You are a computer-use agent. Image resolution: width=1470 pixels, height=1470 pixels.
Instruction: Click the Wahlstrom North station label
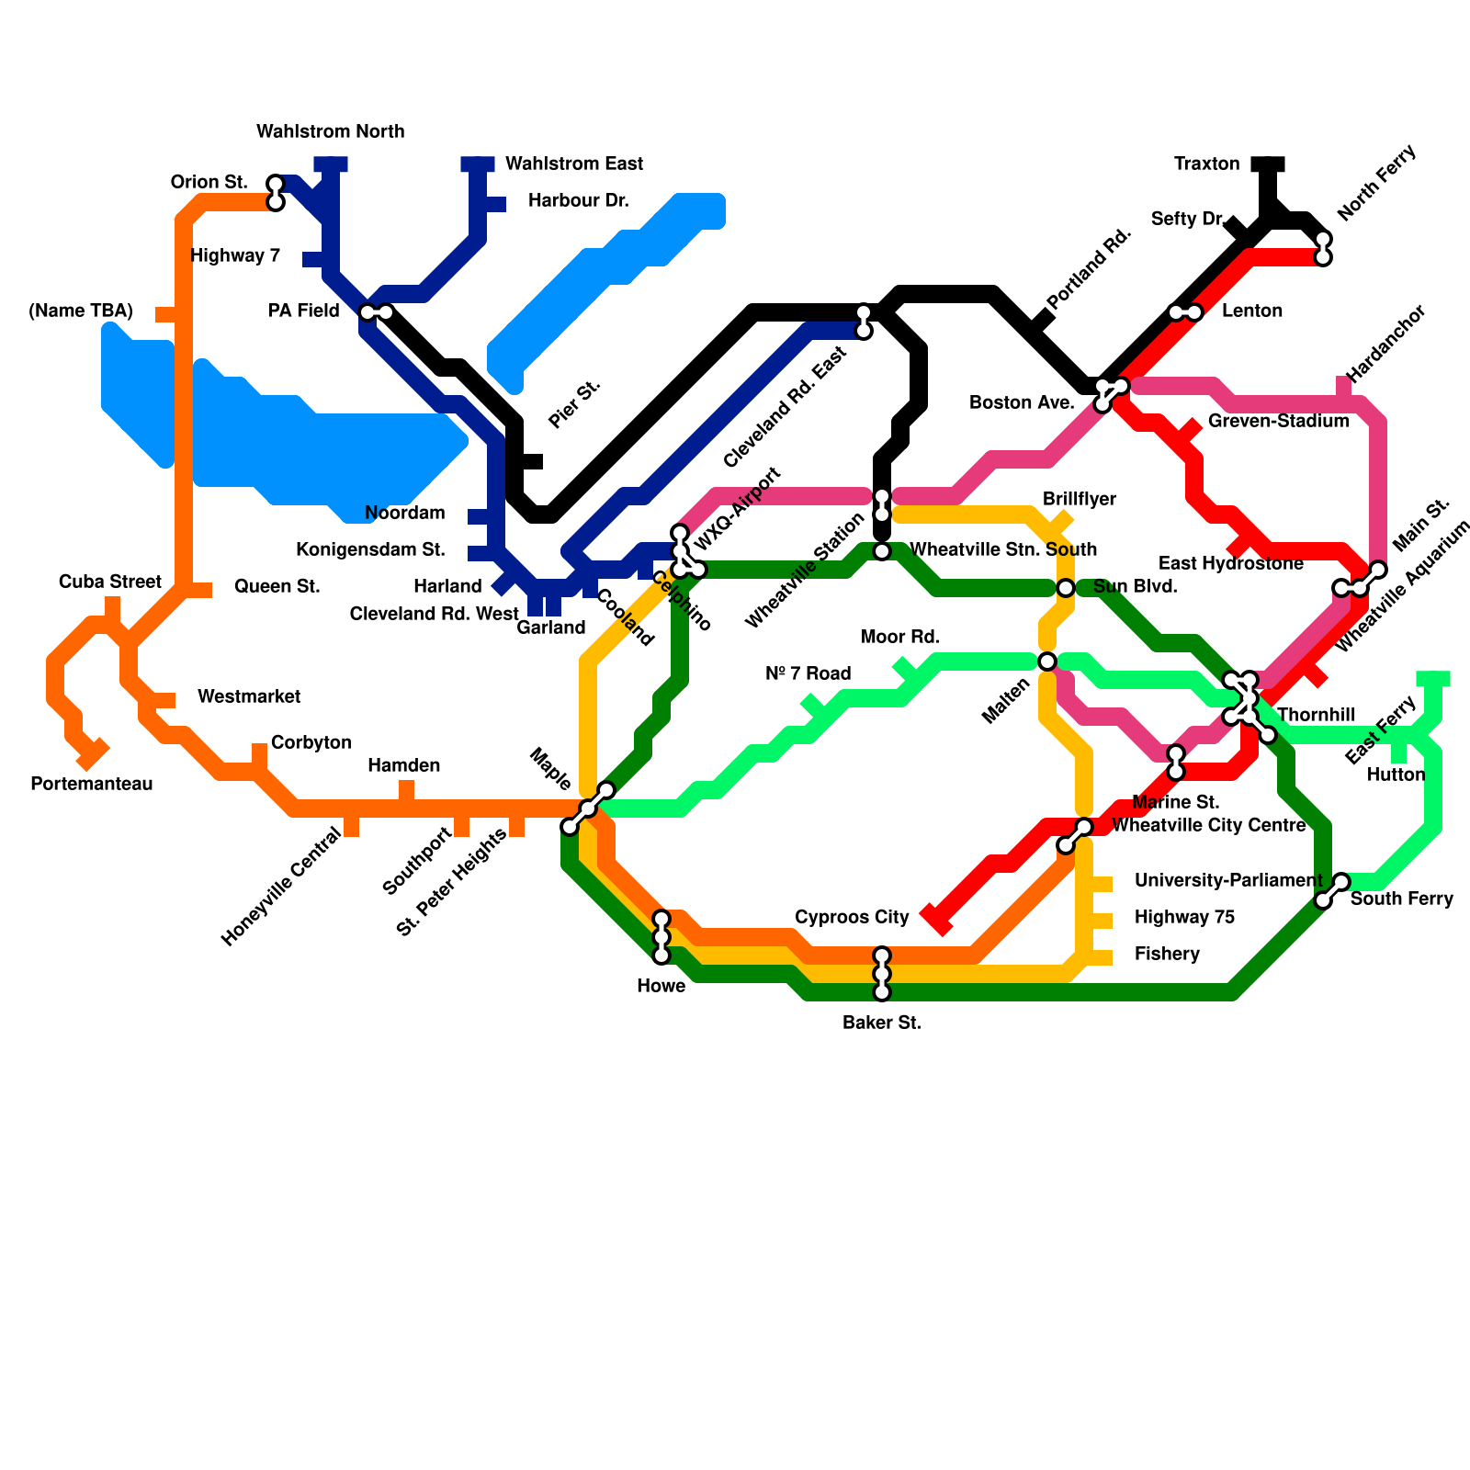pos(330,132)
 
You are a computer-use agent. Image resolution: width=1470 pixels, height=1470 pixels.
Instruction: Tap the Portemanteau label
pos(91,785)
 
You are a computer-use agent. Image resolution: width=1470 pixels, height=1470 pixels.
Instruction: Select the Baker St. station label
pos(881,1023)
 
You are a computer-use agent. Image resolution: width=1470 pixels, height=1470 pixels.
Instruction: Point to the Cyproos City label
pos(852,918)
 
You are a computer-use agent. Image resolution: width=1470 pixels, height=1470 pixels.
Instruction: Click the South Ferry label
pos(1401,899)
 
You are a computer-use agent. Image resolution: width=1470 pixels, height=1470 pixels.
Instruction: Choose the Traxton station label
pos(1206,164)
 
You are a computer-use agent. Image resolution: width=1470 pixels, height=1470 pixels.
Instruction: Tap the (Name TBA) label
pos(81,311)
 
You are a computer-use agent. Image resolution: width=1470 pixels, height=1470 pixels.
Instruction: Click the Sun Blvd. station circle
pos(1065,588)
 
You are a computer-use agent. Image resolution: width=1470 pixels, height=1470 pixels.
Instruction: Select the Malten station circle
pos(1046,661)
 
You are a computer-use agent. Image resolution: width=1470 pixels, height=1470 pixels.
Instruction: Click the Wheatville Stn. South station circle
pos(882,551)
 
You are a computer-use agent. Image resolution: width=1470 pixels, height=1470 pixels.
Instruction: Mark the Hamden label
pos(403,766)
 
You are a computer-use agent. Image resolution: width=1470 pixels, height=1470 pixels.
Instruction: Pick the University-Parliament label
pos(1227,881)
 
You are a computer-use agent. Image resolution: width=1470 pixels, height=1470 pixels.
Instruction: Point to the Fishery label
pos(1167,955)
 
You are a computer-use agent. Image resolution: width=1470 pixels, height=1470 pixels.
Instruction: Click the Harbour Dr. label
pos(578,201)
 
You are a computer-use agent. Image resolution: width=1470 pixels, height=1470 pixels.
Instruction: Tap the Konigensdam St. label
pos(370,550)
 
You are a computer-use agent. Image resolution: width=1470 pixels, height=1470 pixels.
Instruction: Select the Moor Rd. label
pos(900,638)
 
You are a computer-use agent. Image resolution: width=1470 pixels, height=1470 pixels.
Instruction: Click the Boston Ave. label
pos(1022,403)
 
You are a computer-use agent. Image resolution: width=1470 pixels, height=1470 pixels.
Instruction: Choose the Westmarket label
pos(248,697)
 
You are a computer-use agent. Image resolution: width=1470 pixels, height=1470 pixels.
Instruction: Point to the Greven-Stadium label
pos(1278,422)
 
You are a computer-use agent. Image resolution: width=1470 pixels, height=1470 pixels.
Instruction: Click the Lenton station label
pos(1251,311)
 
